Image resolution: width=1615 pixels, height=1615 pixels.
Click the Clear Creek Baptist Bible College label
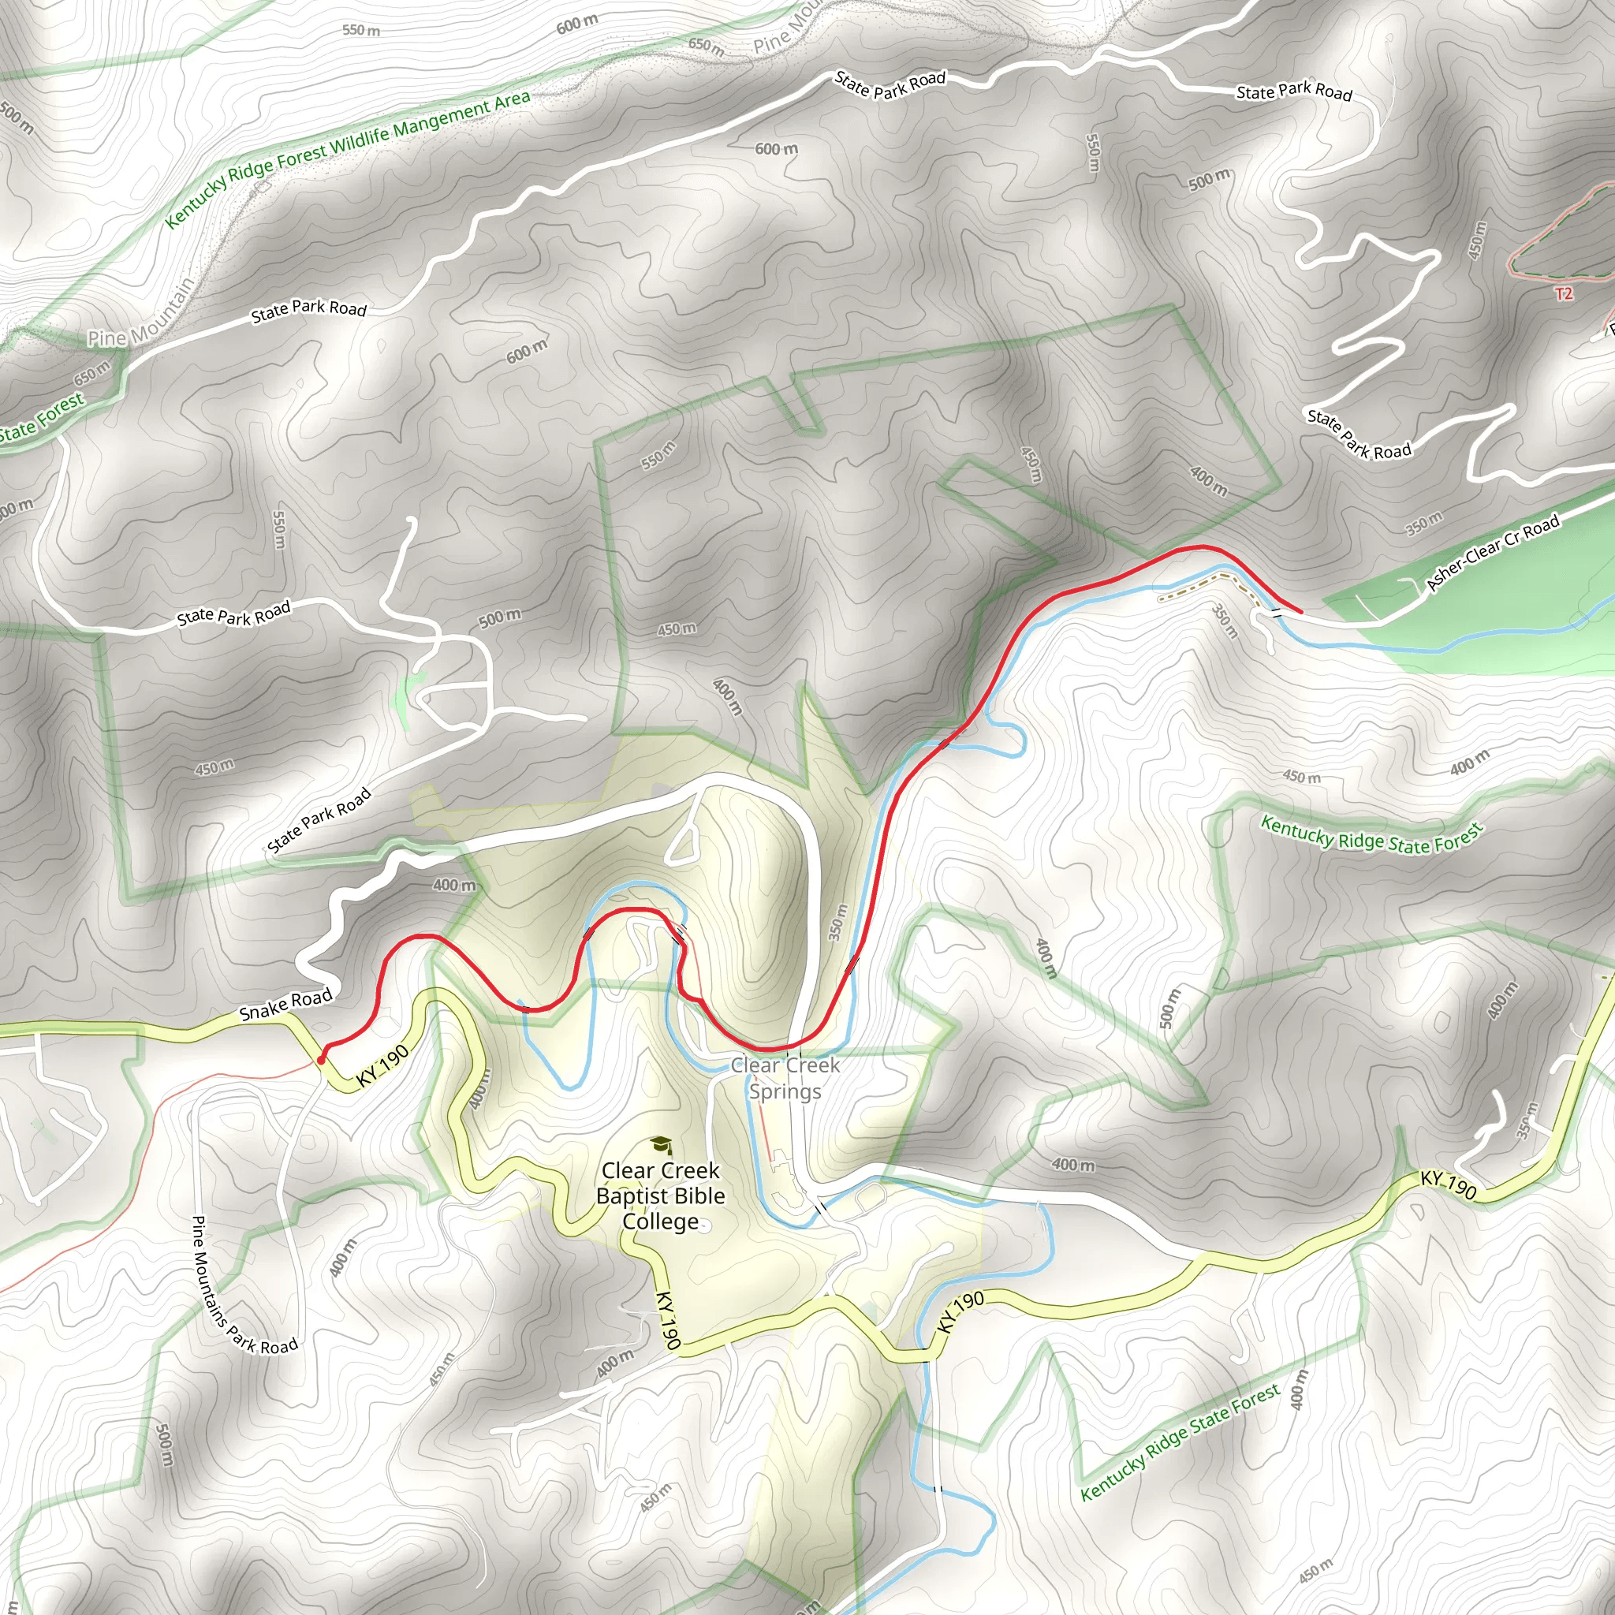(x=660, y=1195)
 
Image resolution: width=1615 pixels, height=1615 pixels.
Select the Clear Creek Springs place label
(x=785, y=1077)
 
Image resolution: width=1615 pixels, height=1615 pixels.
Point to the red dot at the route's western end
(x=321, y=1060)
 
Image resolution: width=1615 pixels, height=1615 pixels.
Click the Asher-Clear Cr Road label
(x=1493, y=553)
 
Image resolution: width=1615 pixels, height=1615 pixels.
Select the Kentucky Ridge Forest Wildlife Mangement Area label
(x=347, y=158)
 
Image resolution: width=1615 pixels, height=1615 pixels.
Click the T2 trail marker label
(x=1564, y=293)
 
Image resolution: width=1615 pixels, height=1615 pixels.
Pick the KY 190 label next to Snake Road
(x=382, y=1066)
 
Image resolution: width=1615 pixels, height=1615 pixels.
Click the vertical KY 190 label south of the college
(x=666, y=1320)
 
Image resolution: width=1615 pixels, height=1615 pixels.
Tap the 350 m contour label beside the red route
(x=838, y=922)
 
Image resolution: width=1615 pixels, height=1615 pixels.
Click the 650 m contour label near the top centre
(x=706, y=45)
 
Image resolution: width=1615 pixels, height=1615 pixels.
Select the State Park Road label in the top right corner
(x=1294, y=91)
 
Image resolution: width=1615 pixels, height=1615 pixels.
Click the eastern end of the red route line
(x=1300, y=612)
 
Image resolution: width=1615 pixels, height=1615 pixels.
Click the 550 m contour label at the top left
(x=361, y=30)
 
